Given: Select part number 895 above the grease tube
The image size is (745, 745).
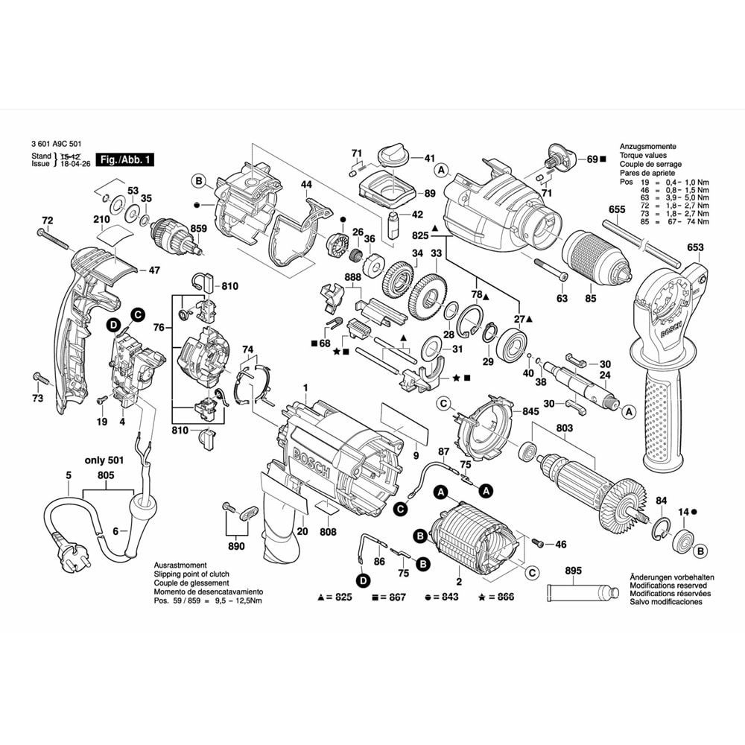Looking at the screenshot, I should click(x=573, y=571).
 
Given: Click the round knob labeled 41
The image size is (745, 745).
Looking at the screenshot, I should click(x=390, y=157).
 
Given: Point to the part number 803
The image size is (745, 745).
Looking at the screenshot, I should click(x=564, y=428).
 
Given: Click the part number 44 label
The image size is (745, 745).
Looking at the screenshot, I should click(x=305, y=184).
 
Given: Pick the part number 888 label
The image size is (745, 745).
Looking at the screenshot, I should click(x=352, y=277).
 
